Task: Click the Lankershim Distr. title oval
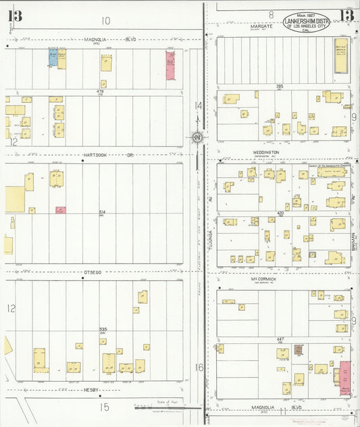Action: point(307,21)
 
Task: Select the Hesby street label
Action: point(92,390)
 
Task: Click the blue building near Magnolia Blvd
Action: point(52,57)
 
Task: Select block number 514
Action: point(103,212)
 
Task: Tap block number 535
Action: point(103,329)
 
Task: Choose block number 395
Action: point(279,86)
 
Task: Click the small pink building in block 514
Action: point(61,210)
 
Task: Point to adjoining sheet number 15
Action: point(104,407)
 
